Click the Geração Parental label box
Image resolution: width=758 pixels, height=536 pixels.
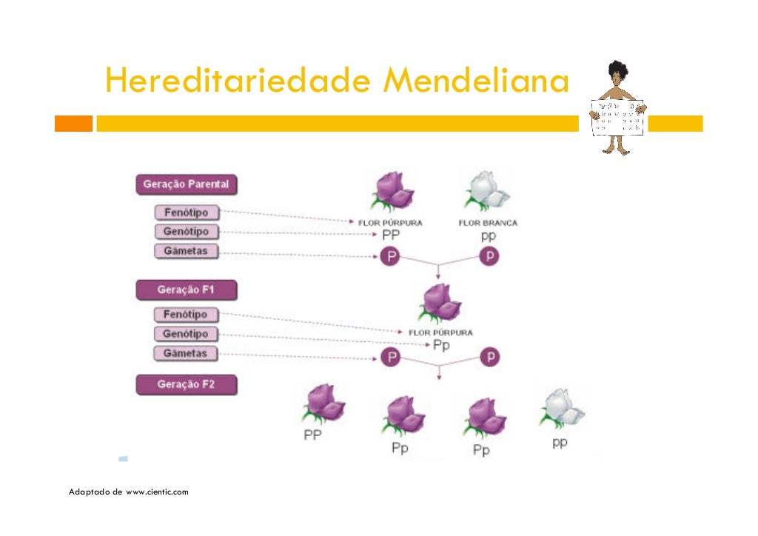point(186,184)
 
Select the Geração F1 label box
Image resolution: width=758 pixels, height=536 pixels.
point(186,289)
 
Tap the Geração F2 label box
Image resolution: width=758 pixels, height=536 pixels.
point(186,384)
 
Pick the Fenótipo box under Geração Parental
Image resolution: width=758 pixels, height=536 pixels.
point(187,212)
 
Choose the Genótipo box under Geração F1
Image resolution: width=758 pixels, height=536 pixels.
point(186,334)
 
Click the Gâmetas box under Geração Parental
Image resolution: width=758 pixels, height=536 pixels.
point(186,251)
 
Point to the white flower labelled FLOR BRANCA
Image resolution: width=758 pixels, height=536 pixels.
point(486,192)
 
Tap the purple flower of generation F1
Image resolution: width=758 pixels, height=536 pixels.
point(441,302)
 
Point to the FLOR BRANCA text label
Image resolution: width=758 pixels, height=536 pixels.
point(488,223)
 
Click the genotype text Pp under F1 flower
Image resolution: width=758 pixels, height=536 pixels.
point(441,345)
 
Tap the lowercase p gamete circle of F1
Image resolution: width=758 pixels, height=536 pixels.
point(489,358)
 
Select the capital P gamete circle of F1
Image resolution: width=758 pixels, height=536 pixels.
point(389,358)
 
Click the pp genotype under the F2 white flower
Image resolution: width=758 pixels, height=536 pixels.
point(560,443)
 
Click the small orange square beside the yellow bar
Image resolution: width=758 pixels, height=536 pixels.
point(73,123)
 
